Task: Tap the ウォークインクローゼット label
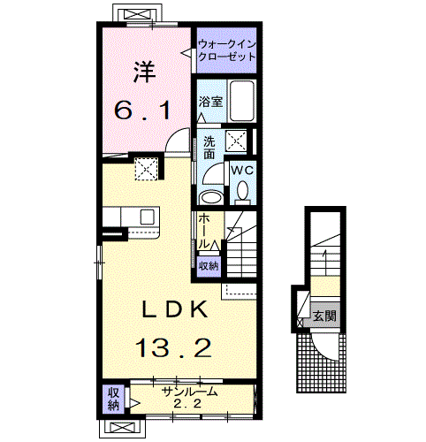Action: click(225, 50)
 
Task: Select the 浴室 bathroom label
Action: click(210, 103)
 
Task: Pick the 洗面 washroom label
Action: click(209, 148)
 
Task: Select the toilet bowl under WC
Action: click(242, 188)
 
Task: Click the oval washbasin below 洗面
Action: click(210, 196)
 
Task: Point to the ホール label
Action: click(205, 231)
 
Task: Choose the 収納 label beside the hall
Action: click(209, 265)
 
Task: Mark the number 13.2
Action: click(173, 348)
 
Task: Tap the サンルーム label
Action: click(189, 391)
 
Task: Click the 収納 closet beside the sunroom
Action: click(113, 400)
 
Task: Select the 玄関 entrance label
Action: click(323, 315)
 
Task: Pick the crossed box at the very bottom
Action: click(124, 428)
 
